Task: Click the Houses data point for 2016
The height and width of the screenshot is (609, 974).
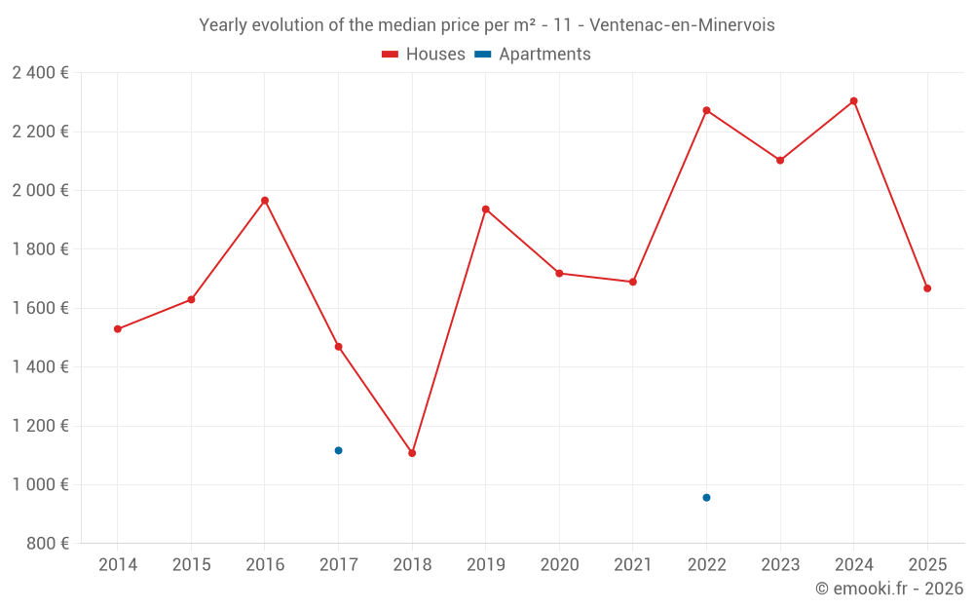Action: [x=265, y=201]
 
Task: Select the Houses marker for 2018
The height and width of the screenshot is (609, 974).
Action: [x=412, y=453]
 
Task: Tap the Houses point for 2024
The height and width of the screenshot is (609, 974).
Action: [x=854, y=101]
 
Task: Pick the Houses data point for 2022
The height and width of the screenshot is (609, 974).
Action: [x=706, y=110]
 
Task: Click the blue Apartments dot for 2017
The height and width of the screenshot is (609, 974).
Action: [x=338, y=450]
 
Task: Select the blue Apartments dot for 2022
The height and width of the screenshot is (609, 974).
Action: [x=706, y=498]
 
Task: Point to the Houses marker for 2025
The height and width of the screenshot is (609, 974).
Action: [x=927, y=288]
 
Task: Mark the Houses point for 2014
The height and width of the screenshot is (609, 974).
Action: [x=118, y=329]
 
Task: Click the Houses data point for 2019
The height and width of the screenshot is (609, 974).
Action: [x=486, y=209]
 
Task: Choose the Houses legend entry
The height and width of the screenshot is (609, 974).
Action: [x=424, y=55]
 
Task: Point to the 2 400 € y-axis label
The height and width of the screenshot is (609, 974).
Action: [x=40, y=73]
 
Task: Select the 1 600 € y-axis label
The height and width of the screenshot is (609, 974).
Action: [x=40, y=308]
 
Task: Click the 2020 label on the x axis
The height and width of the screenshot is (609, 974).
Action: [x=559, y=565]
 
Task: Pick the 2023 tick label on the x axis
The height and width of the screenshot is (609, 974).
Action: [x=780, y=565]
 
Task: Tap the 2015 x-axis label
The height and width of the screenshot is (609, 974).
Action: [x=191, y=565]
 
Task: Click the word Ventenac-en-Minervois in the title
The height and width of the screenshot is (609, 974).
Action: [x=682, y=25]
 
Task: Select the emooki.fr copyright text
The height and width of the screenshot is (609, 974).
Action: [x=889, y=589]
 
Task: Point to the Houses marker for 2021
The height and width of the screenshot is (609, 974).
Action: [x=633, y=283]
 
